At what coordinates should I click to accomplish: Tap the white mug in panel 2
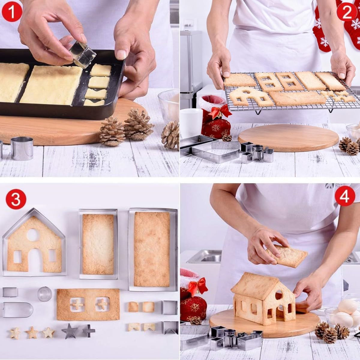(191, 123)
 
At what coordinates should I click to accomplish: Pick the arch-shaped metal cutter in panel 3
(18, 310)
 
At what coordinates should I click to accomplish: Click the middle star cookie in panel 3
(31, 332)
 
